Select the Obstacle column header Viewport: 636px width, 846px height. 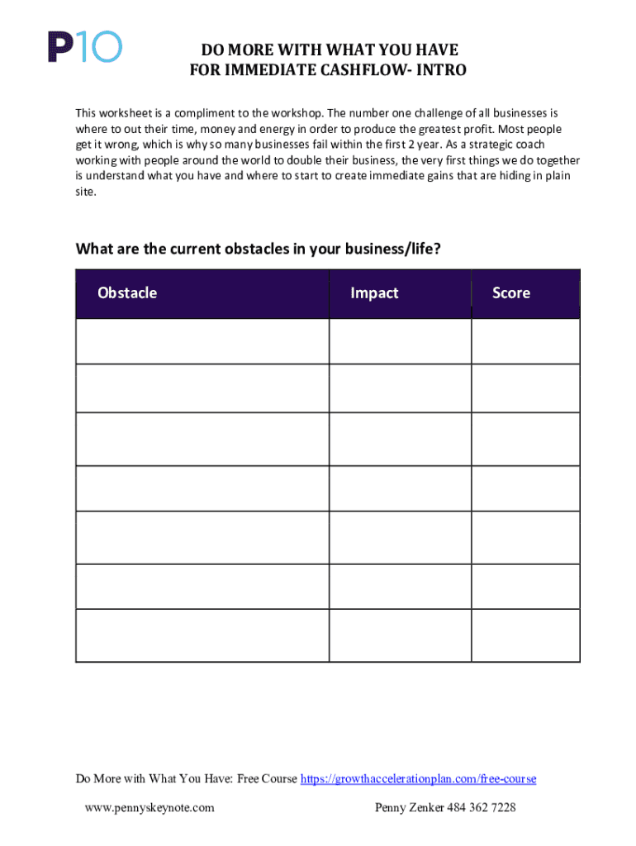pyautogui.click(x=127, y=292)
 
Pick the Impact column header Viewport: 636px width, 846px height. pyautogui.click(x=374, y=292)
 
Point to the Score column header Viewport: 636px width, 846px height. pyautogui.click(x=511, y=292)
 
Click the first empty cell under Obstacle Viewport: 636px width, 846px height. pyautogui.click(x=202, y=341)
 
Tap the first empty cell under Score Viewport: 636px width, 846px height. pyautogui.click(x=525, y=341)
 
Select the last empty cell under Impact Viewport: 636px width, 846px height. pyautogui.click(x=400, y=635)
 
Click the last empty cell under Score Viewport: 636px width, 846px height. pyautogui.click(x=525, y=635)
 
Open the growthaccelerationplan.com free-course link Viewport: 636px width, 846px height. pyautogui.click(x=418, y=778)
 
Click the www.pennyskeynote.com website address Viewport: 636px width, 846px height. pyautogui.click(x=150, y=807)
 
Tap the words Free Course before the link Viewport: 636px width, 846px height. pyautogui.click(x=267, y=778)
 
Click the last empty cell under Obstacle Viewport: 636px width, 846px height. pyautogui.click(x=202, y=635)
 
